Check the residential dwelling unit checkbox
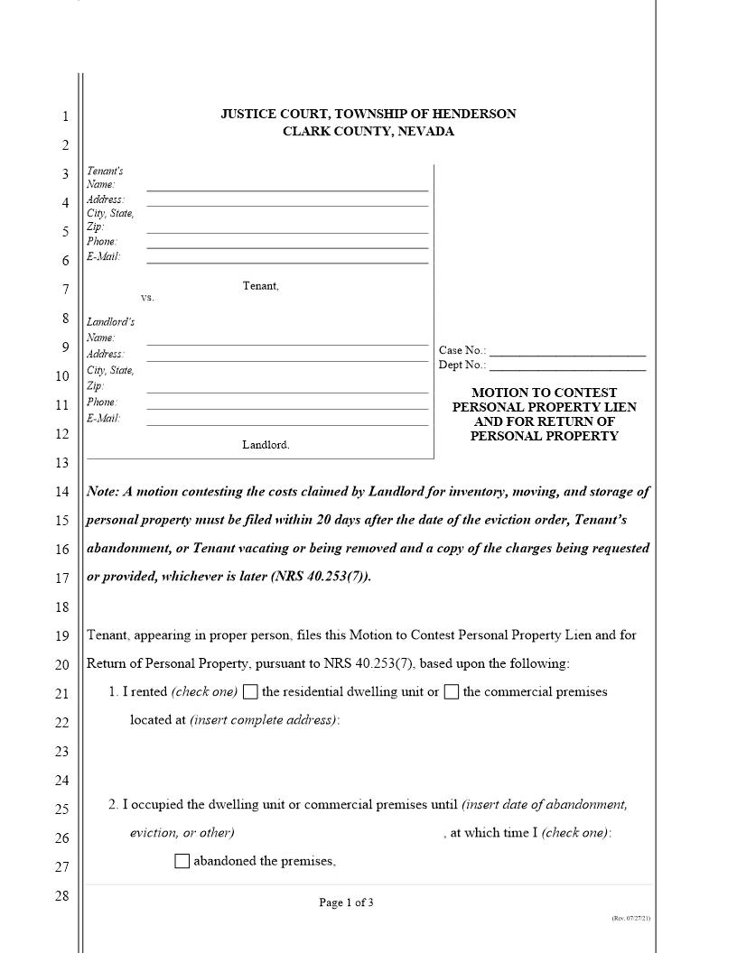[250, 692]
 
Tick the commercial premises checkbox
[452, 692]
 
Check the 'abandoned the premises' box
[182, 861]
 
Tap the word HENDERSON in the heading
[474, 114]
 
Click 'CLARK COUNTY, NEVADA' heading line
[368, 132]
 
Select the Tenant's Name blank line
[287, 190]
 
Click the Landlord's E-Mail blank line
[287, 423]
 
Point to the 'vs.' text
[147, 298]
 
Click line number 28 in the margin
[62, 896]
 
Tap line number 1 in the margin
[64, 116]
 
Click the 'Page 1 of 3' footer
[346, 902]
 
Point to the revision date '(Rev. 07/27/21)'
[630, 918]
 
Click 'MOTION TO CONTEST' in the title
[544, 393]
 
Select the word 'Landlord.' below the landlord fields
[266, 445]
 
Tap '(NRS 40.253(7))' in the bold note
[320, 577]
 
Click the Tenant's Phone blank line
[287, 246]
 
